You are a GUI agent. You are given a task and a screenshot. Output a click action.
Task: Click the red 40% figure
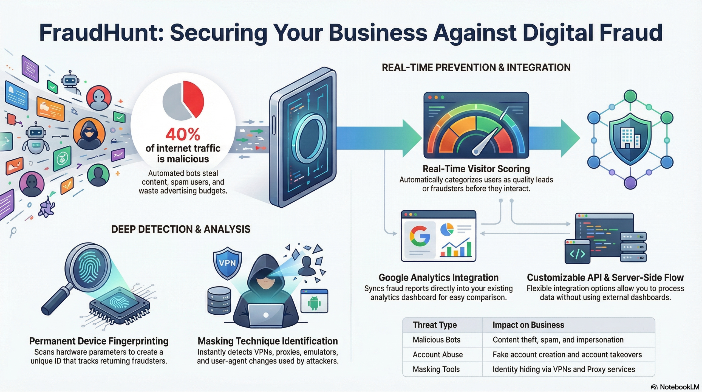pyautogui.click(x=183, y=134)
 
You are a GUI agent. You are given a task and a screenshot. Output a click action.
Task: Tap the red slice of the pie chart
pyautogui.click(x=194, y=98)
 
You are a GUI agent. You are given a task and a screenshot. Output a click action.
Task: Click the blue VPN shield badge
pyautogui.click(x=227, y=263)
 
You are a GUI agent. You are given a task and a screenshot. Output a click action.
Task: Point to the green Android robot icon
pyautogui.click(x=314, y=303)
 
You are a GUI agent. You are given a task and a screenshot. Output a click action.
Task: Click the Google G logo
pyautogui.click(x=420, y=236)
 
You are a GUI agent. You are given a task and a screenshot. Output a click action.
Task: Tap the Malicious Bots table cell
pyautogui.click(x=436, y=340)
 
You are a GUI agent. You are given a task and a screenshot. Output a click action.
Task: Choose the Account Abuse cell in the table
pyautogui.click(x=438, y=355)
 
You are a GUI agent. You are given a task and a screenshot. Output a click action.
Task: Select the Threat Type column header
pyautogui.click(x=435, y=325)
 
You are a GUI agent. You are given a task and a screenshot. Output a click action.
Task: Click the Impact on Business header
pyautogui.click(x=528, y=325)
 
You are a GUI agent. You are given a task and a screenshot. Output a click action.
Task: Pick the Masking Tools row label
pyautogui.click(x=436, y=370)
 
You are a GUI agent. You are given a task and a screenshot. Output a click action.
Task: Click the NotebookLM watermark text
pyautogui.click(x=679, y=387)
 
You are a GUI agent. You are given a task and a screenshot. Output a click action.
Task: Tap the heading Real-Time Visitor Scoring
pyautogui.click(x=476, y=169)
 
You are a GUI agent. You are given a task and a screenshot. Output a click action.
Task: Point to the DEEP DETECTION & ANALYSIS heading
pyautogui.click(x=181, y=229)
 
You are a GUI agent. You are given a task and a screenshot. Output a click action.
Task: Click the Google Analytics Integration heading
pyautogui.click(x=438, y=278)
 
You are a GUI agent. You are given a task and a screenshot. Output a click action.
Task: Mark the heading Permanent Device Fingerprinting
pyautogui.click(x=99, y=341)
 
